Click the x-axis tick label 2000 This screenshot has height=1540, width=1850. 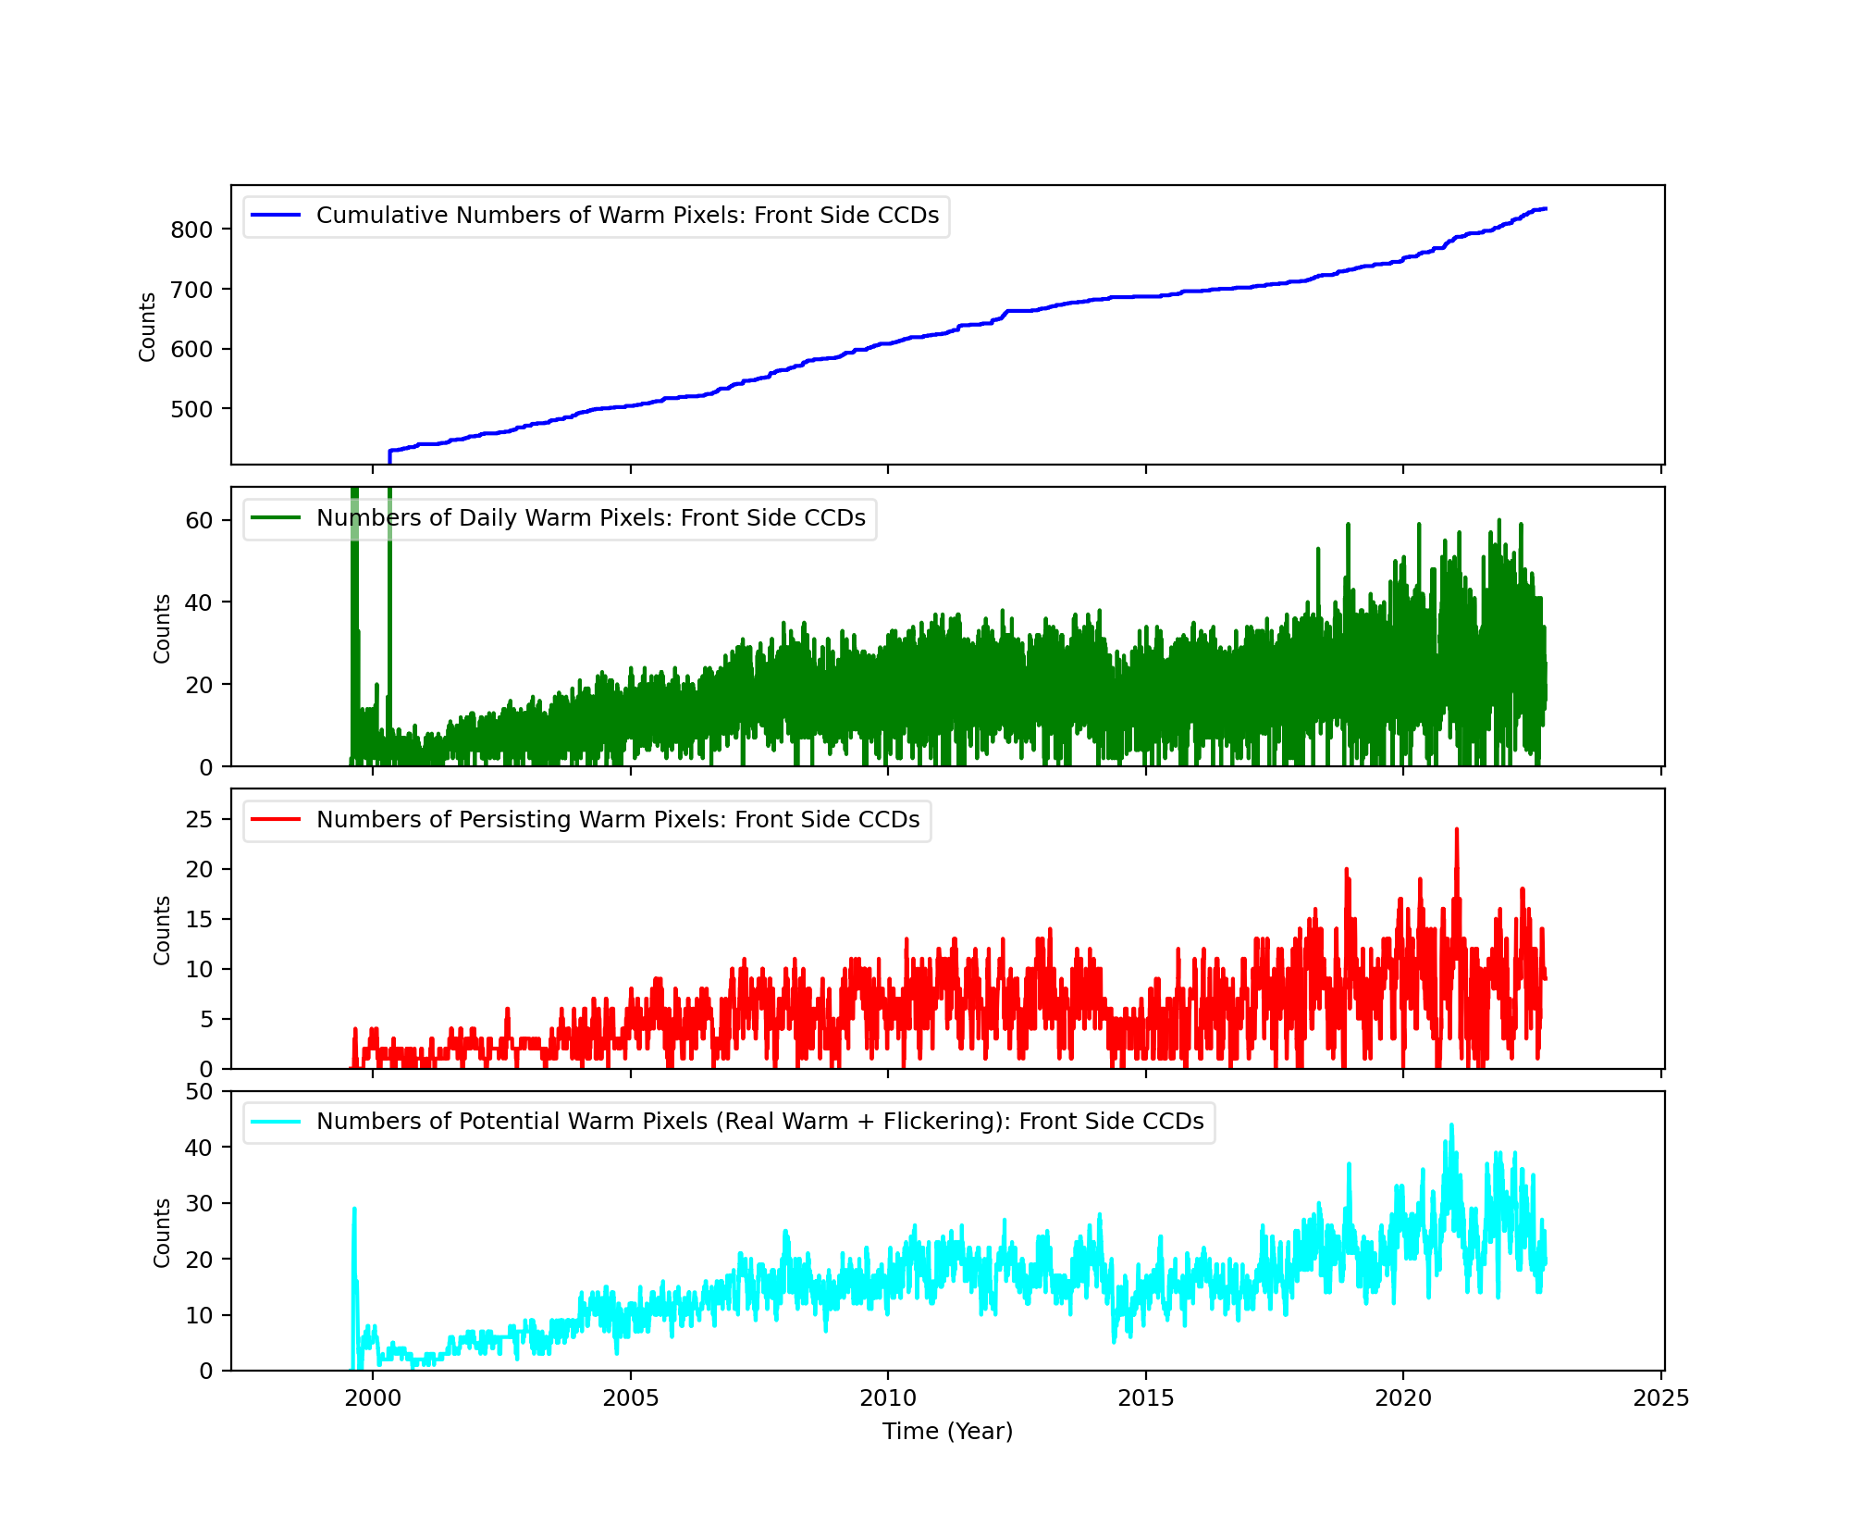tap(373, 1397)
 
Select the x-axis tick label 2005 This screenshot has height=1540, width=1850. tap(631, 1397)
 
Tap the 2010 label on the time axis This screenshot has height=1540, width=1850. tap(888, 1397)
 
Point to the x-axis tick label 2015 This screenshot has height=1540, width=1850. tap(1146, 1397)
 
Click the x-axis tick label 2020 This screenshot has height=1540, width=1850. tap(1403, 1397)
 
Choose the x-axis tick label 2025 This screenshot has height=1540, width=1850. tap(1661, 1397)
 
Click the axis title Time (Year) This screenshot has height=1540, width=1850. tap(947, 1432)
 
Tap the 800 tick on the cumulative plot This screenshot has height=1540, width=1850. tap(191, 230)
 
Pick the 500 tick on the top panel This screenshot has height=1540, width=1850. tap(191, 409)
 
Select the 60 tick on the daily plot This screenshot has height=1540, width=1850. tap(199, 520)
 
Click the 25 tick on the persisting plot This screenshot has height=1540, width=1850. tap(199, 819)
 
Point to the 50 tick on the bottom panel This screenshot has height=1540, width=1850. tap(199, 1091)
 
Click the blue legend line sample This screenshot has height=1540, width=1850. tap(276, 216)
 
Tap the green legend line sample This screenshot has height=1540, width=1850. tap(276, 518)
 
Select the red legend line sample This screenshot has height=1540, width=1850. tap(276, 820)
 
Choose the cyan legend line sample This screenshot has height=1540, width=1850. tap(276, 1122)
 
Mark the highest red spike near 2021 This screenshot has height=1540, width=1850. tap(1457, 830)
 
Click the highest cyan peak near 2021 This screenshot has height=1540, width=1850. tap(1451, 1125)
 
